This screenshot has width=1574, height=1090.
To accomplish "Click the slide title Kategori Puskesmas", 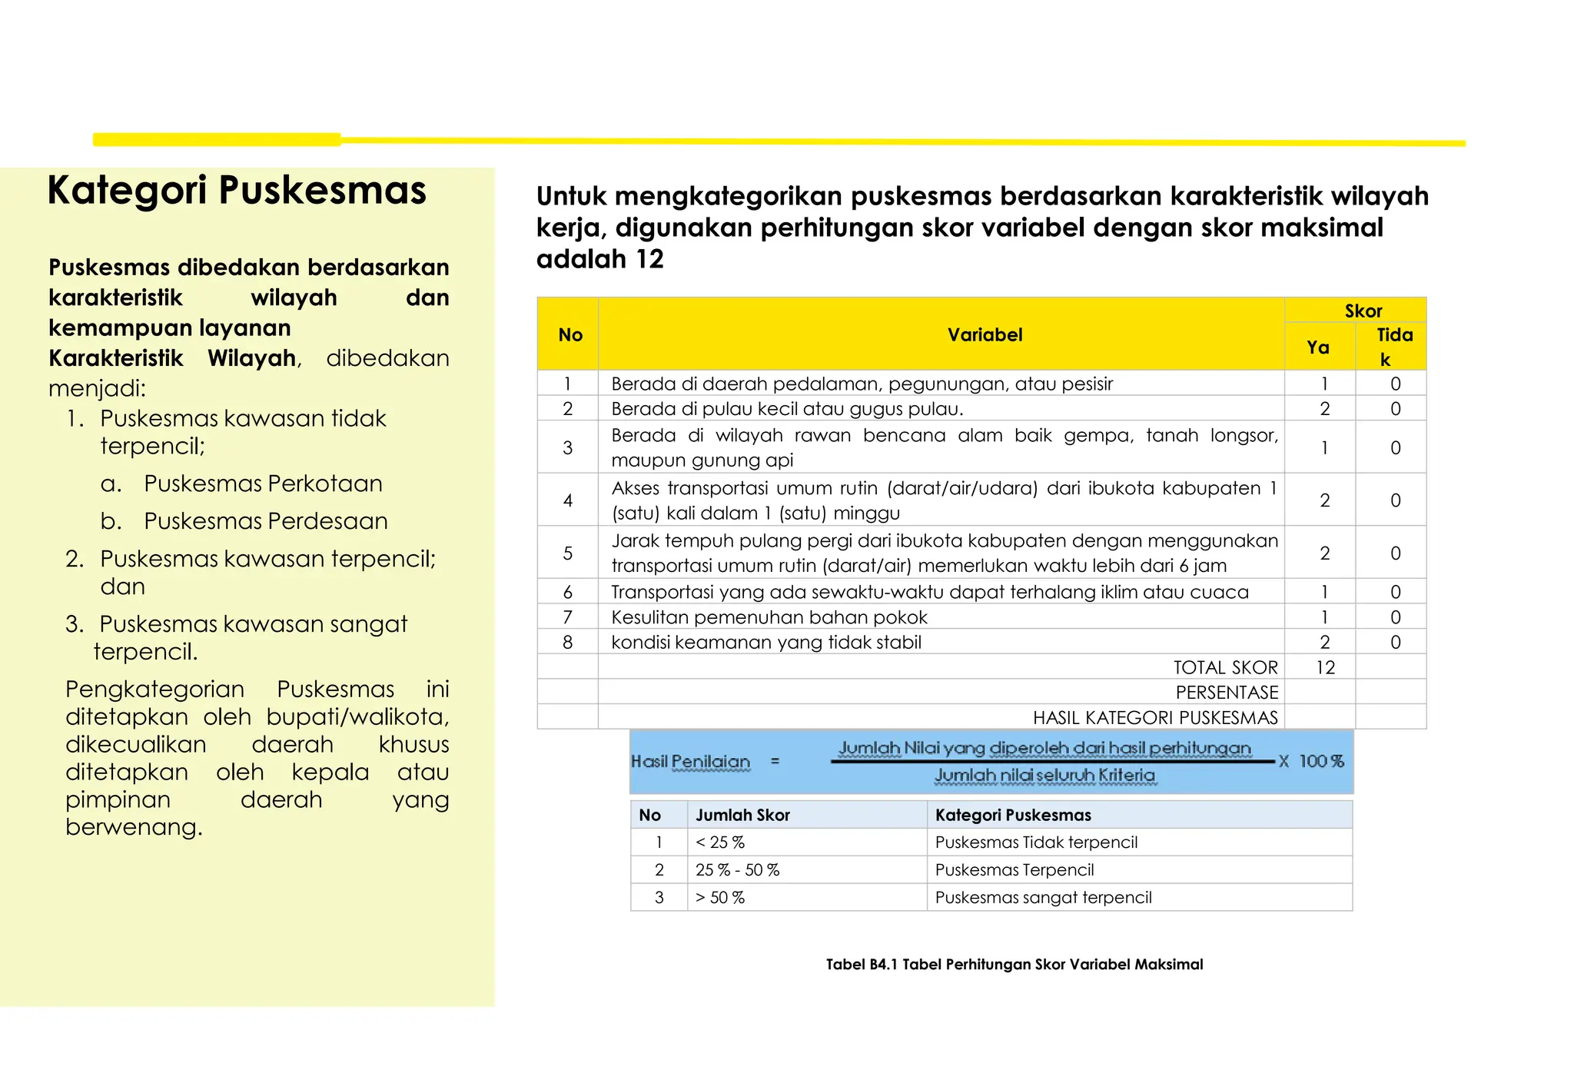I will tap(237, 191).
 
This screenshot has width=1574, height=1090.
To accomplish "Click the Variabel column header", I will tap(985, 334).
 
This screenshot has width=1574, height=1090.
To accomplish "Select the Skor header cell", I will tap(1363, 311).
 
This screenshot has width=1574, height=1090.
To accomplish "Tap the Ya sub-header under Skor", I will tap(1318, 347).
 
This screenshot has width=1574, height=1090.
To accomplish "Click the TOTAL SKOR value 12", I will tap(1325, 667).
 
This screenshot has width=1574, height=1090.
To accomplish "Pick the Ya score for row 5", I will tap(1324, 553).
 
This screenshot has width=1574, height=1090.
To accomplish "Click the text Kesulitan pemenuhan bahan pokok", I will tap(769, 617).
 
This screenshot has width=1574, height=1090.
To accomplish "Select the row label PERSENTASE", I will tap(1227, 693).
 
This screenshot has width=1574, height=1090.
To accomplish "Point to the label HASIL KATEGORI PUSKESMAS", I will tap(1154, 718).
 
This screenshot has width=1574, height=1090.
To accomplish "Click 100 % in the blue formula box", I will tap(1321, 761).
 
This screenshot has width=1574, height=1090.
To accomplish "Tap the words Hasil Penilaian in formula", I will tap(690, 762).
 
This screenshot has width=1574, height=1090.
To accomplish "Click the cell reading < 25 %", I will tap(720, 842).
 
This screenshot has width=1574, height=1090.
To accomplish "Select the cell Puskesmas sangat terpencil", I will tap(1043, 898).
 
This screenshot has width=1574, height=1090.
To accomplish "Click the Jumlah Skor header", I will tap(742, 815).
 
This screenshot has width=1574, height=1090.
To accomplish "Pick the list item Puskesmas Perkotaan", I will tap(263, 484).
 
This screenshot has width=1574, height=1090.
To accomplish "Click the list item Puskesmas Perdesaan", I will tap(265, 521).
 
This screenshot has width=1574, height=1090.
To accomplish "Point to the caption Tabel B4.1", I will tap(1014, 964).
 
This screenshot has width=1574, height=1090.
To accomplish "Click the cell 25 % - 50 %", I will tap(737, 870).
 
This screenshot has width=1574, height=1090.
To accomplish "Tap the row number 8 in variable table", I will tap(567, 643).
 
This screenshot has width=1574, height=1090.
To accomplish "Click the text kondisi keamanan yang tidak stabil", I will tap(765, 643).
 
